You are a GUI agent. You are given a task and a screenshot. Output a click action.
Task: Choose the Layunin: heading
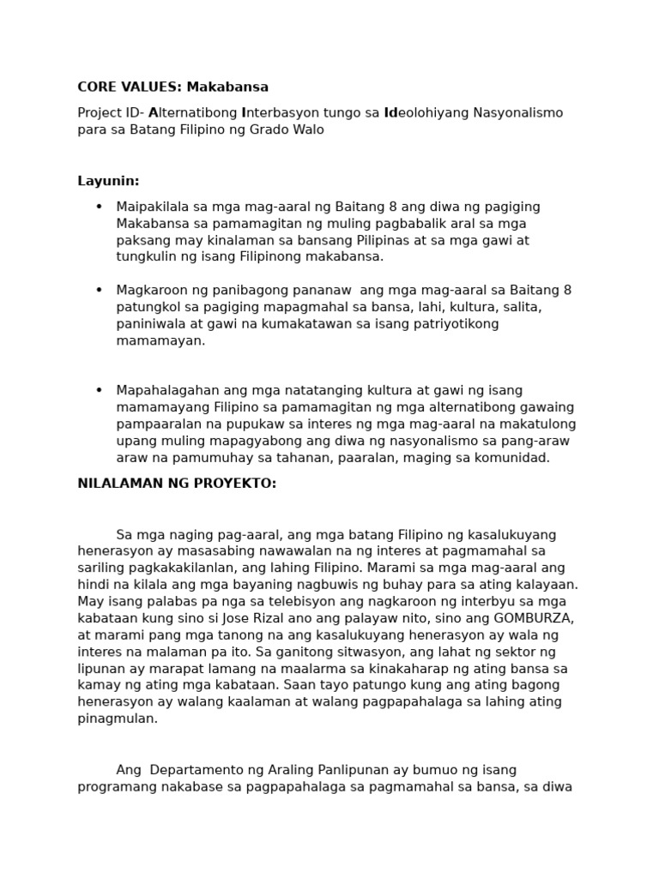[x=108, y=181]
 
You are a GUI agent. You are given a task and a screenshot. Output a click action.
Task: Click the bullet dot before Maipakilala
[x=100, y=207]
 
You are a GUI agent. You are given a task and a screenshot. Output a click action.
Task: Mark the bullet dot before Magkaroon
[x=100, y=291]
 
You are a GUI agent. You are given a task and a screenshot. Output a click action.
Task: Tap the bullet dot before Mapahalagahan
[x=100, y=391]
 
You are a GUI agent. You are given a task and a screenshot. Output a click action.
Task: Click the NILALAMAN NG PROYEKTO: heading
[x=177, y=484]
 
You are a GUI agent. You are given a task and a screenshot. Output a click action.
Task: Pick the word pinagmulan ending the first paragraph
[x=117, y=719]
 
